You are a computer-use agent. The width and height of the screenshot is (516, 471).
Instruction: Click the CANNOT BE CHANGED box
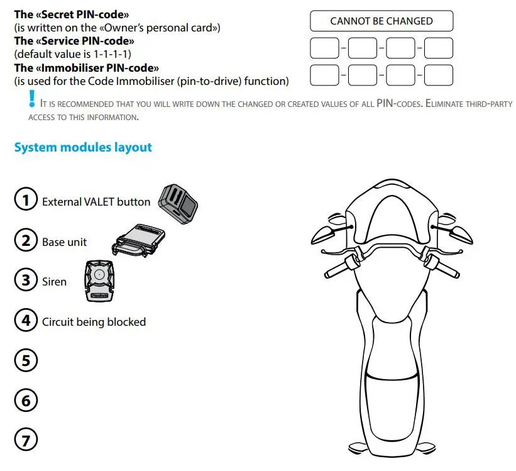click(381, 21)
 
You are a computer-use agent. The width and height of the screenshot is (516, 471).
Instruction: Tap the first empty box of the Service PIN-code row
click(324, 48)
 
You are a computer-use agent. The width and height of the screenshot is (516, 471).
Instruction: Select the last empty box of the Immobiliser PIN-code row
click(438, 75)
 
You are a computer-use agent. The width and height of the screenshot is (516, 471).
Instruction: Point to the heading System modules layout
click(83, 147)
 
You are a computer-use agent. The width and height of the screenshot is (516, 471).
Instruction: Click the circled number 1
click(26, 201)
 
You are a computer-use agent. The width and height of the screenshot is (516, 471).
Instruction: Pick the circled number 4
click(26, 321)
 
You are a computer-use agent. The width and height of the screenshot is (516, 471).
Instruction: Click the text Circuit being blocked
click(94, 322)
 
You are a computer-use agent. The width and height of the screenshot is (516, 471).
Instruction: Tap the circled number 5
click(26, 360)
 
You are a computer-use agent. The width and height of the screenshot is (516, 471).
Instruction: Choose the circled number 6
click(26, 400)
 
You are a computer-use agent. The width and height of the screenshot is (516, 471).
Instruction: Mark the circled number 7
click(26, 439)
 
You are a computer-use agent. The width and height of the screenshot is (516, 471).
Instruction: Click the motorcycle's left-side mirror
click(325, 233)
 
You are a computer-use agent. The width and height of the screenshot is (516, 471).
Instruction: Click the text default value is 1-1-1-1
click(72, 53)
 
